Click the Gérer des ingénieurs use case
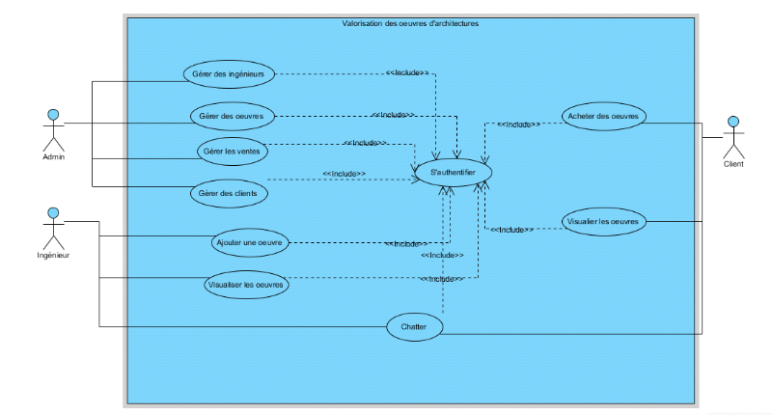tap(229, 73)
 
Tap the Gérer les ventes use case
tap(233, 152)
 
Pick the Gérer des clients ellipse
tap(229, 193)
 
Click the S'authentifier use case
tap(454, 172)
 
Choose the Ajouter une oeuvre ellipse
tap(249, 242)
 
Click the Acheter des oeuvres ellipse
tap(603, 116)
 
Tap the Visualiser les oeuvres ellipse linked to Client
tap(603, 221)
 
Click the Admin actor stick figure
tap(53, 129)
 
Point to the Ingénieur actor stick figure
tap(53, 227)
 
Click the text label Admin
tap(53, 156)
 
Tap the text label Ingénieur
tap(53, 255)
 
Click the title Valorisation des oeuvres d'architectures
tap(410, 24)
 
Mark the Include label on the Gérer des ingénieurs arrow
tap(406, 72)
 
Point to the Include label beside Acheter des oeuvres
tap(518, 124)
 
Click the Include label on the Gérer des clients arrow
tap(344, 174)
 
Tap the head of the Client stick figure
tap(733, 123)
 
